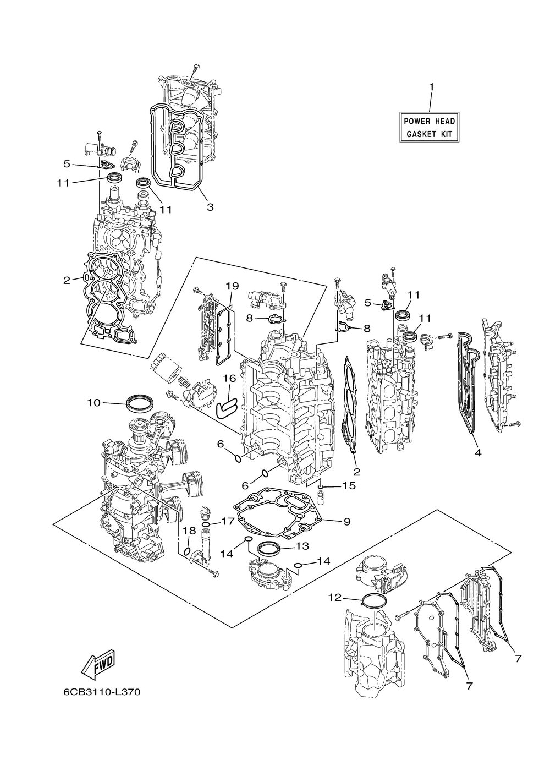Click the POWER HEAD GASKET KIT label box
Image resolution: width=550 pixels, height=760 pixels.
click(430, 127)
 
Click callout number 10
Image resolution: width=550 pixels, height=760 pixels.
click(94, 403)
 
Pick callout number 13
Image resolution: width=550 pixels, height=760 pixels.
click(302, 546)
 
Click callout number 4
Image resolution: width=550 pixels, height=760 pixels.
click(478, 452)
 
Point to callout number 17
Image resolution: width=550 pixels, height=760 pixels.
click(228, 521)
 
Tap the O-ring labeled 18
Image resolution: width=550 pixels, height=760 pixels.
click(187, 551)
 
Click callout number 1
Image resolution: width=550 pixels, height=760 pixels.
click(431, 87)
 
